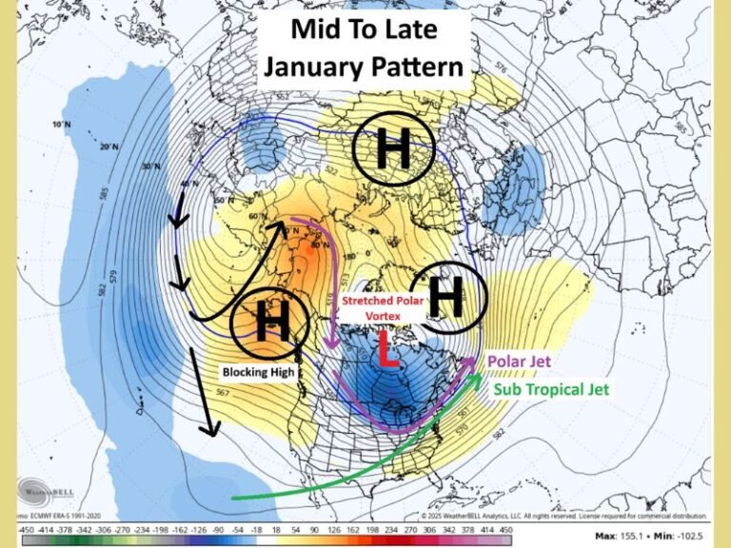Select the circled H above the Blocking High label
click(x=271, y=324)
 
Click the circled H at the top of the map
click(x=393, y=150)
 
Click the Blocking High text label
click(x=260, y=372)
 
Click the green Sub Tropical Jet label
click(x=551, y=390)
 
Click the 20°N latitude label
click(x=109, y=147)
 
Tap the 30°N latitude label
click(x=147, y=167)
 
